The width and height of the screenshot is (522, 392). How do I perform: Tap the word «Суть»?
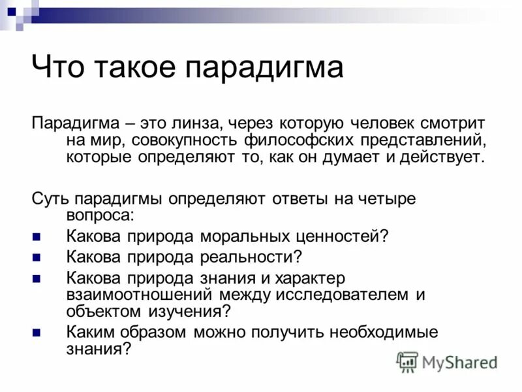click(50, 199)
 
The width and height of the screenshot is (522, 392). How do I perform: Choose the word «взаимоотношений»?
click(140, 295)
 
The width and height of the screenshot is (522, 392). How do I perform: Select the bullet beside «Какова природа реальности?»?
click(37, 257)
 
